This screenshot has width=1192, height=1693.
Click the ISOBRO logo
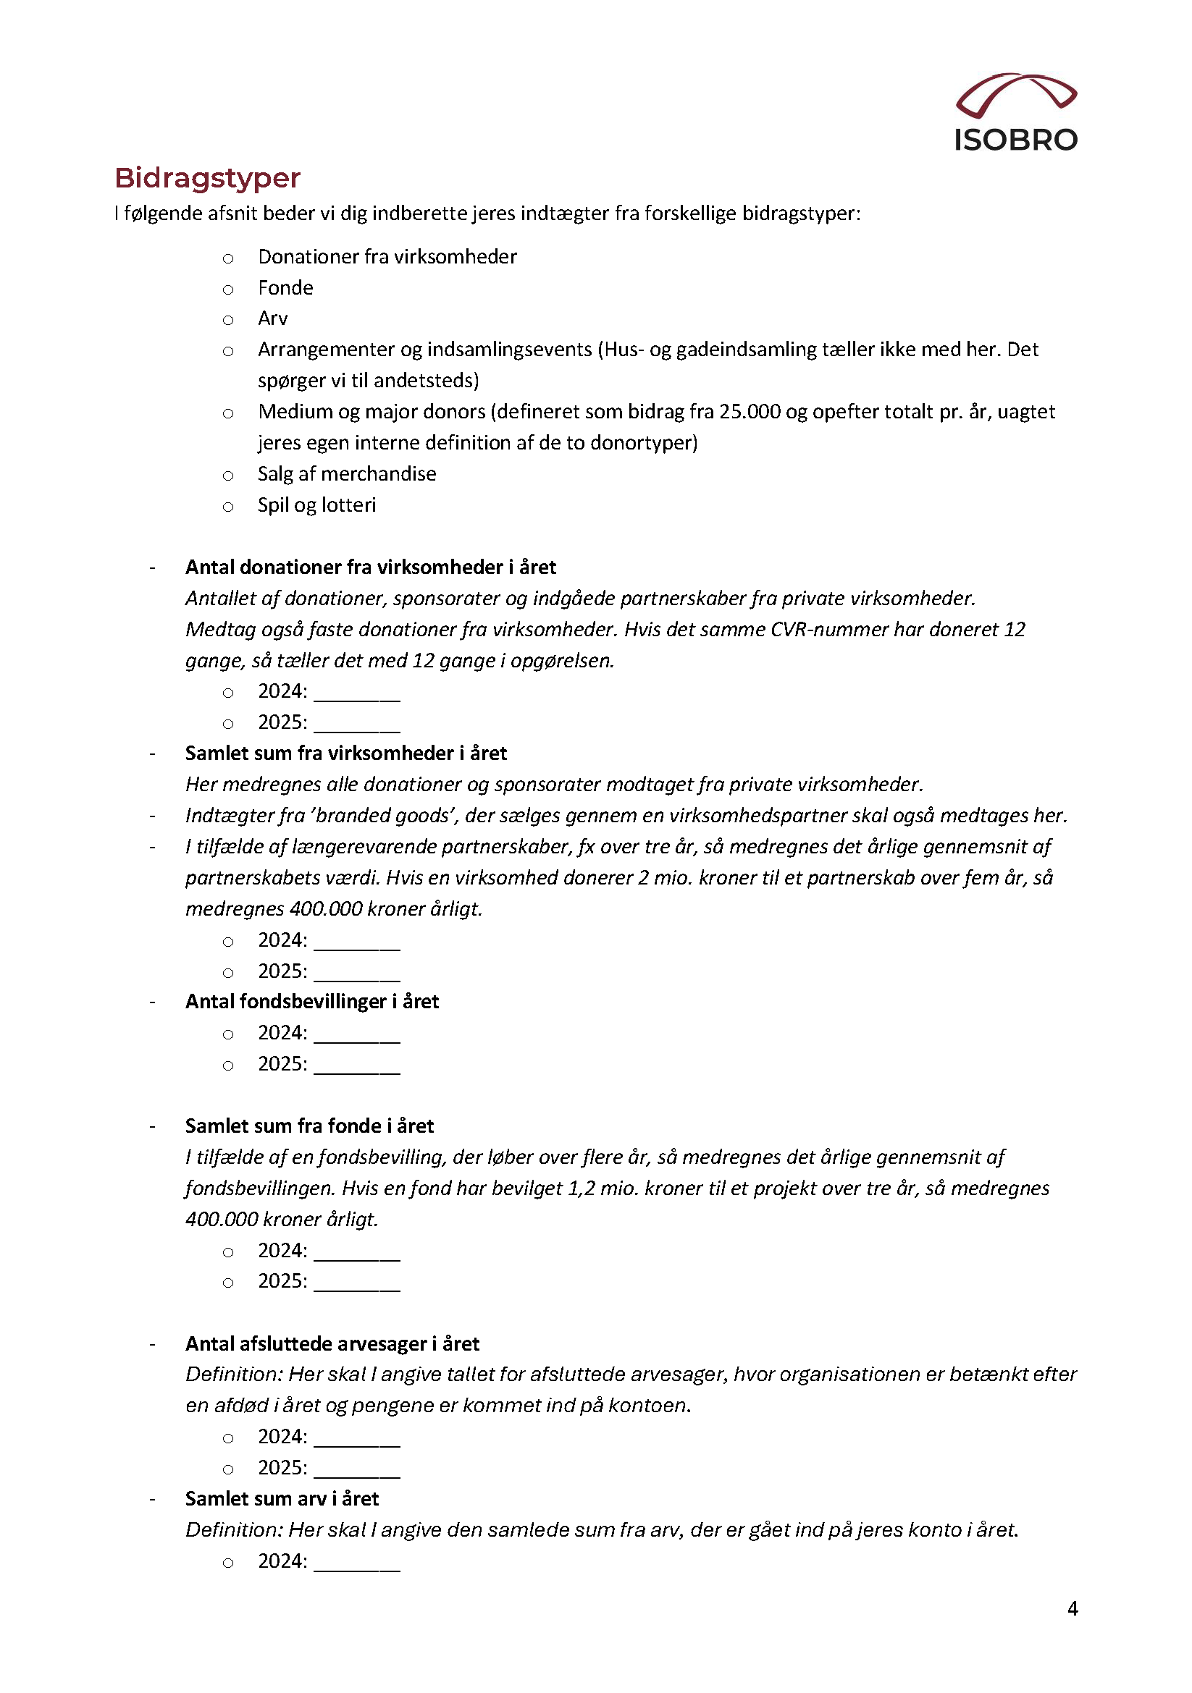click(x=1016, y=113)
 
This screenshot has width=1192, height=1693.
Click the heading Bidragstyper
click(x=207, y=178)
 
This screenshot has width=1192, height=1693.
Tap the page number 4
click(x=1072, y=1608)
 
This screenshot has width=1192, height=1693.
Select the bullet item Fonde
click(x=285, y=287)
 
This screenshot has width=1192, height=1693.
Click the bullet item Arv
click(x=272, y=318)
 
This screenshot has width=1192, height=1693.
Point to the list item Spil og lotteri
click(x=316, y=505)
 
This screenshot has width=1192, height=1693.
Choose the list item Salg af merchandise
click(x=347, y=474)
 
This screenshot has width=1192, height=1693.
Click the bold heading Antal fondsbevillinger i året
click(x=311, y=1001)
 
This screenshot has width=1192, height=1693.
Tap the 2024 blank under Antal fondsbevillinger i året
click(x=357, y=1034)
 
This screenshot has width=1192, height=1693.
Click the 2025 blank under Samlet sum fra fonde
click(x=357, y=1282)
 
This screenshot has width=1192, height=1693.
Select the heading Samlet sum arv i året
click(x=282, y=1498)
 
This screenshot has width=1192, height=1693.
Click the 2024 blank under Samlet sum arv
click(x=357, y=1562)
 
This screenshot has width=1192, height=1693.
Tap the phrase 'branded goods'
click(x=383, y=816)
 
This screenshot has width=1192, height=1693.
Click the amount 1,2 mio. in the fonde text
click(x=603, y=1188)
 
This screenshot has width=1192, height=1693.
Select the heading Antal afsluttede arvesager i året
click(x=332, y=1343)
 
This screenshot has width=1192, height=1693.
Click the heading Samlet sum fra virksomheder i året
click(x=346, y=753)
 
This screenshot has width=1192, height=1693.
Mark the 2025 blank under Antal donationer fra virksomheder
click(x=357, y=722)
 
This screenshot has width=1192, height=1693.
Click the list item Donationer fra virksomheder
click(x=387, y=257)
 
